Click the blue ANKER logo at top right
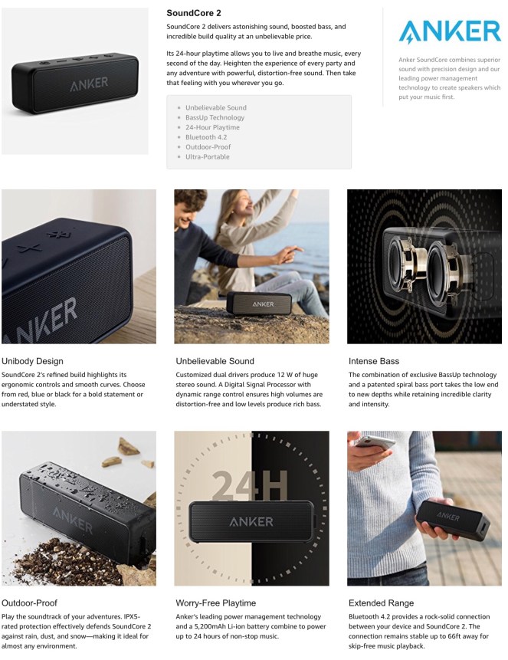tap(450, 31)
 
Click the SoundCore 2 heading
tap(194, 13)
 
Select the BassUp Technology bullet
tap(215, 117)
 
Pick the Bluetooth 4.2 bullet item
tap(206, 137)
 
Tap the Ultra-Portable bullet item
tap(208, 156)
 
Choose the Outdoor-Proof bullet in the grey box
tap(208, 147)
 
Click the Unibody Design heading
tap(32, 361)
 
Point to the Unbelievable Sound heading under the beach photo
tap(215, 361)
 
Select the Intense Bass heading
tap(374, 361)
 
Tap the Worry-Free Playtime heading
tap(216, 603)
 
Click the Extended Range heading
tap(382, 603)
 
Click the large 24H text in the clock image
tap(250, 485)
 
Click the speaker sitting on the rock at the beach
tap(259, 304)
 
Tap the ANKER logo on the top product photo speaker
tap(89, 84)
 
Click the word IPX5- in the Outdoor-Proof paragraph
tap(132, 616)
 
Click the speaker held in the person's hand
tap(454, 521)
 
